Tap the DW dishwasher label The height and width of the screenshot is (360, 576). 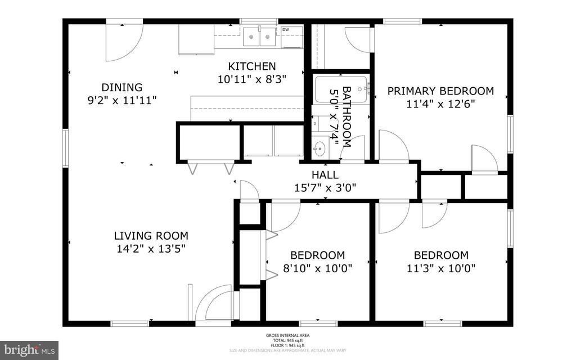pos(286,30)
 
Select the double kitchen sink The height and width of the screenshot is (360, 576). pos(259,37)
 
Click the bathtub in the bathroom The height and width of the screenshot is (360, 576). pos(341,89)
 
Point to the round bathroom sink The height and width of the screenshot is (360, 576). pos(319,149)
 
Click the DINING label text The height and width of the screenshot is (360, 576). pos(121,87)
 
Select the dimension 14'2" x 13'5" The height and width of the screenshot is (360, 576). pos(151,248)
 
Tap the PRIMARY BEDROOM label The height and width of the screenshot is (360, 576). pos(440,91)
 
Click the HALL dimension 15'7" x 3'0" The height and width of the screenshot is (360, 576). pos(325,188)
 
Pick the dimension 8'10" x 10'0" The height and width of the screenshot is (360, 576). pos(318,268)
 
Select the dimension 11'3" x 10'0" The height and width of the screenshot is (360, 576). pos(441,268)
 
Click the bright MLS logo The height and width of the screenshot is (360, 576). pos(29,350)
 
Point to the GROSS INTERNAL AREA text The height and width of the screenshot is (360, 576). pos(287,336)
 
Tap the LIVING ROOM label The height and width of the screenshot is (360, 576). pos(151,236)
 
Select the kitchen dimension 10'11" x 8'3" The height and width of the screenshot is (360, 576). pos(252,79)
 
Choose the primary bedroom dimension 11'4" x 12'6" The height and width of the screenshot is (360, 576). pos(440,103)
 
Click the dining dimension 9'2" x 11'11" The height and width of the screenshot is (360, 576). pos(121,100)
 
